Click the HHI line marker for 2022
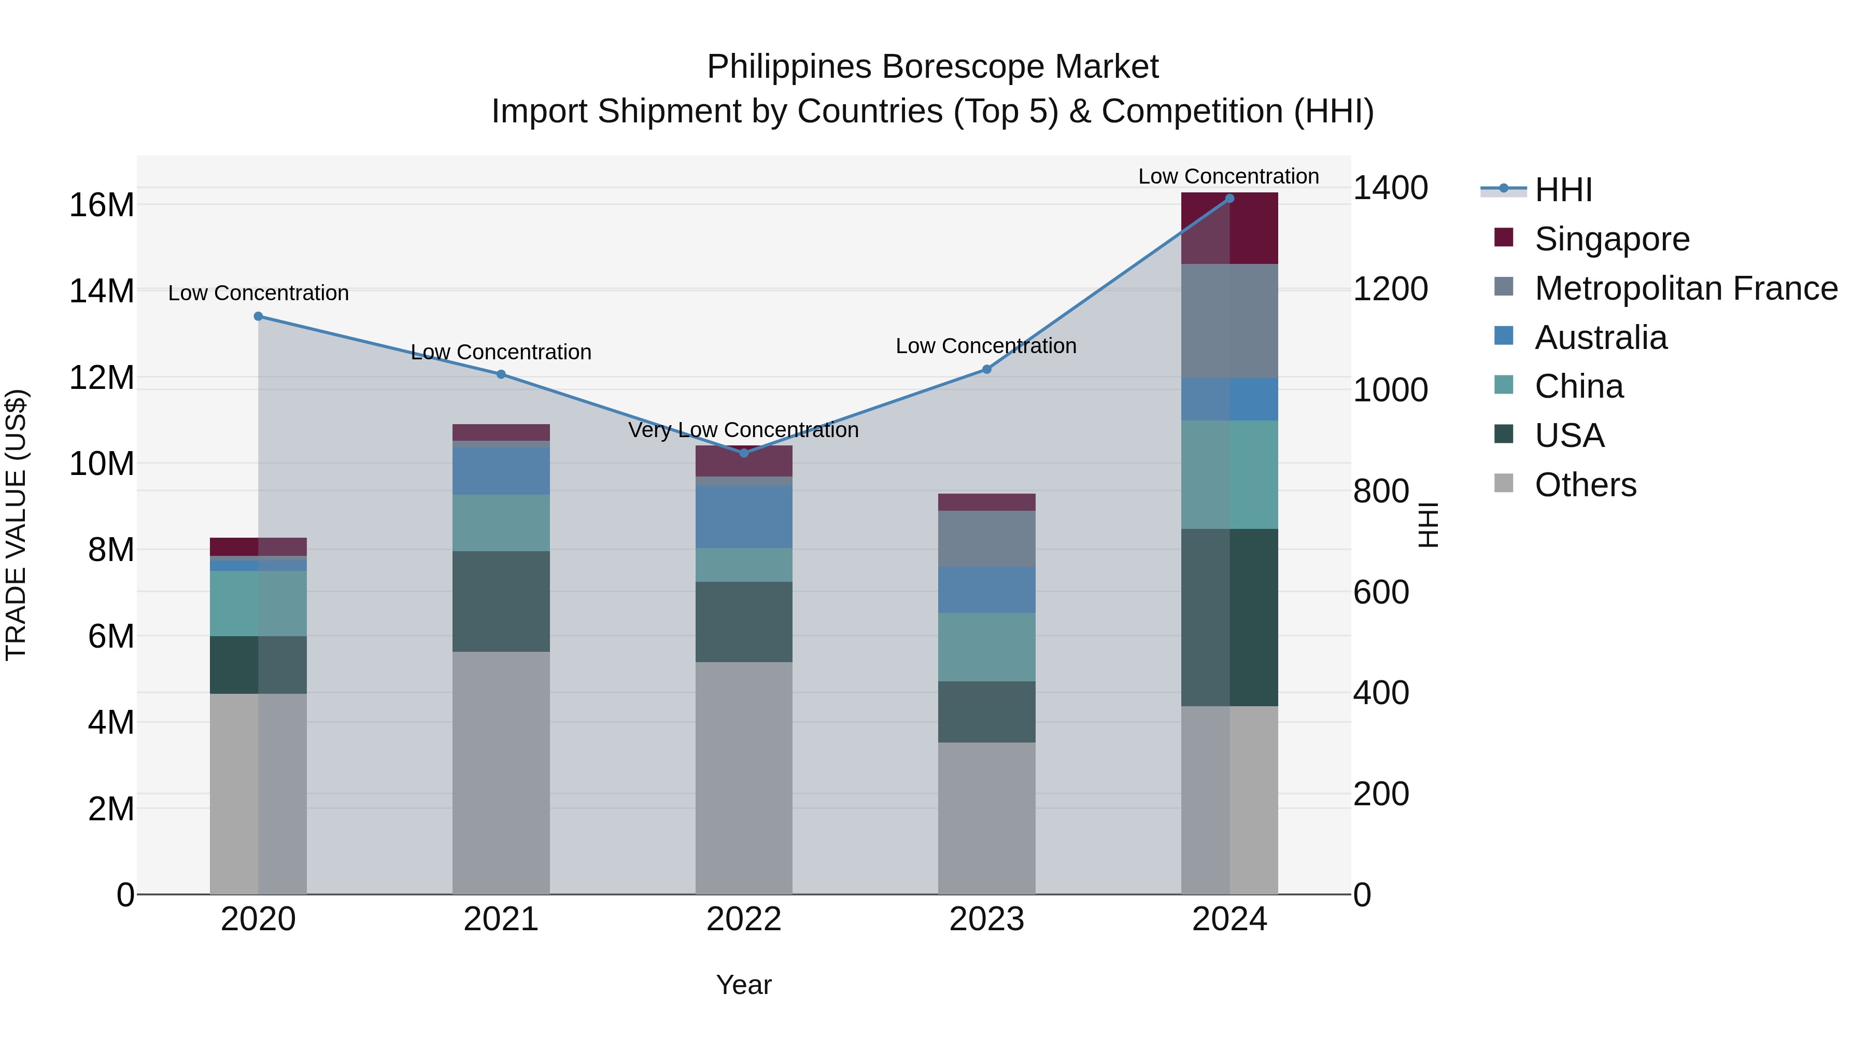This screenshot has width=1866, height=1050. coord(744,453)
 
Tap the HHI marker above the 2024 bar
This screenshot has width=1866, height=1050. coord(1229,199)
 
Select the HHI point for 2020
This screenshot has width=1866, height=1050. coord(259,316)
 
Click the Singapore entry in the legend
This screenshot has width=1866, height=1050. coord(1611,239)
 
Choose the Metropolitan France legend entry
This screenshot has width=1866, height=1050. coord(1686,288)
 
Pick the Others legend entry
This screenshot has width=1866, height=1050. coord(1585,485)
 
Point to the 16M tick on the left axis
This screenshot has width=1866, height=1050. coord(102,205)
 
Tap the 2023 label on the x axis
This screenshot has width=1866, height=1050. coord(986,919)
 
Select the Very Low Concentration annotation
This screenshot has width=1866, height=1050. coord(743,430)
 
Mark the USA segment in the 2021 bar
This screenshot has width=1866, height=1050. coord(501,601)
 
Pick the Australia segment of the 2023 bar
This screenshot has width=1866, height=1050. coord(986,590)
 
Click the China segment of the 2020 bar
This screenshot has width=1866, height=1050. coord(259,604)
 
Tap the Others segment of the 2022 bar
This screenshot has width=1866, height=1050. coord(744,778)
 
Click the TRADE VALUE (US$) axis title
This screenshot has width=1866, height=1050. coord(17,525)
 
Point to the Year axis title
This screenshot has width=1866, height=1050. coord(744,985)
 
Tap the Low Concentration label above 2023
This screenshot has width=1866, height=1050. coord(986,346)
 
